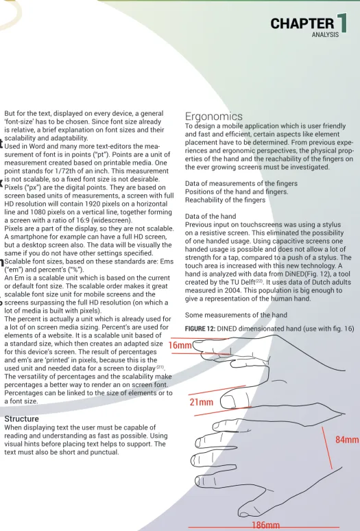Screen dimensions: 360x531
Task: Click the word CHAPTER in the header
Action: tap(302, 24)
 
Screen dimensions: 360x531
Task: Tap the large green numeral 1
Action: tap(342, 23)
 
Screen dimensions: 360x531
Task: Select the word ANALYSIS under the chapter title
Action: tap(325, 34)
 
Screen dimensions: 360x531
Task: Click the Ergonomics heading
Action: tap(213, 116)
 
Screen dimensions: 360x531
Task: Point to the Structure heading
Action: tap(22, 418)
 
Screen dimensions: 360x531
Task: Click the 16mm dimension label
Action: tap(180, 345)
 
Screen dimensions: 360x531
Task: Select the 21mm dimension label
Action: tap(202, 402)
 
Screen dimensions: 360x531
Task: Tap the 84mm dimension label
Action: tap(347, 440)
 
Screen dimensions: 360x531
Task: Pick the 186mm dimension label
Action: tap(266, 526)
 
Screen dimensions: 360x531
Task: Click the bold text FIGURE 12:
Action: tap(200, 329)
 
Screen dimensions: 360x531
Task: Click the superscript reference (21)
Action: tap(160, 367)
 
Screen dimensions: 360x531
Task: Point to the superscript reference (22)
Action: tap(259, 281)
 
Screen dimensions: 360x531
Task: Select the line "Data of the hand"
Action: tap(211, 216)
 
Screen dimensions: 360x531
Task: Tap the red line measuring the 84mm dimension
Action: tap(327, 448)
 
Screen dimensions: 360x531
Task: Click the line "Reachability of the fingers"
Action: tap(225, 200)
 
